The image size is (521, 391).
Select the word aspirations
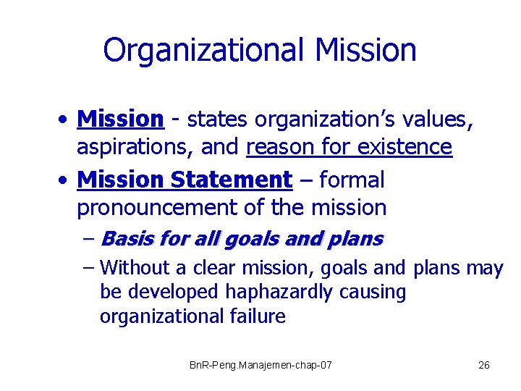[x=135, y=148]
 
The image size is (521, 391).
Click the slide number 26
[x=484, y=365]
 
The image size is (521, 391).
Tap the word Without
[x=135, y=269]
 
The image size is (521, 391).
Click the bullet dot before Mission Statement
[x=65, y=180]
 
